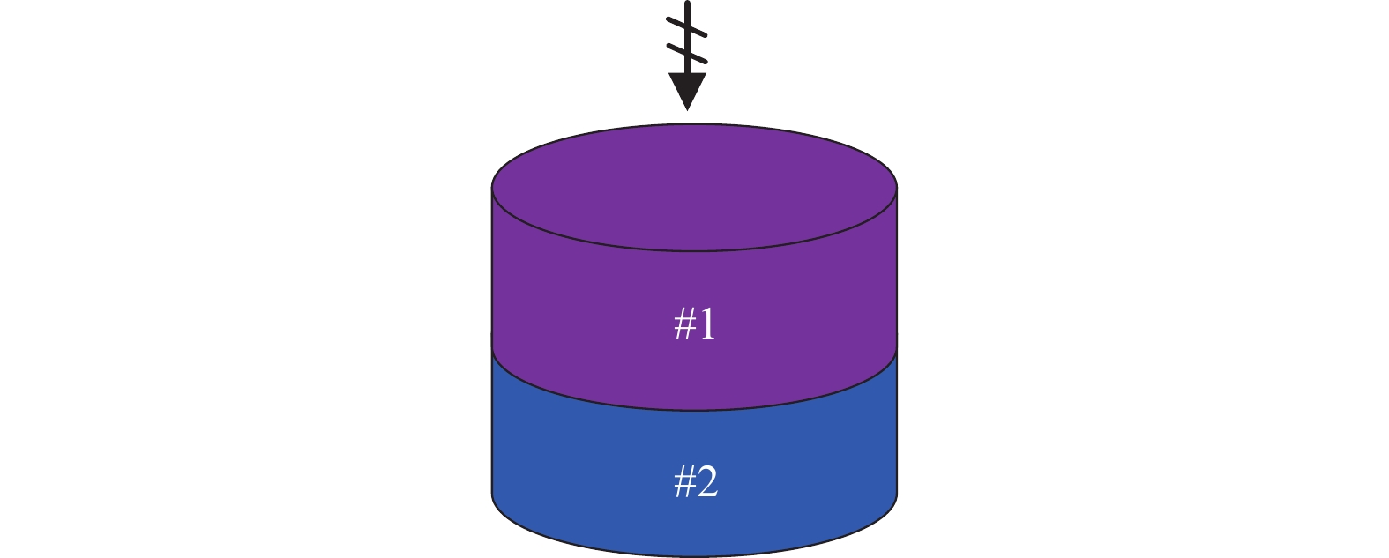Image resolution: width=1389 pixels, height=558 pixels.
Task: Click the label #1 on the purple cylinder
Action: (695, 324)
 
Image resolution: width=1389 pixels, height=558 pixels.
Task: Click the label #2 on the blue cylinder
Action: (696, 481)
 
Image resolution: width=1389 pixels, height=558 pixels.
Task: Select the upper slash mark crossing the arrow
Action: (686, 26)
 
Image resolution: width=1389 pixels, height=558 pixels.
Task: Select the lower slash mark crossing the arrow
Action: (686, 53)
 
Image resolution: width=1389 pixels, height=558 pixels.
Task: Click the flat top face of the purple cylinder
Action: (695, 187)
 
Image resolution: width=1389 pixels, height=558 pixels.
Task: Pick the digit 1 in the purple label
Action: (707, 324)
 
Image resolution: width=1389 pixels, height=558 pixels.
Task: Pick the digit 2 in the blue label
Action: (707, 481)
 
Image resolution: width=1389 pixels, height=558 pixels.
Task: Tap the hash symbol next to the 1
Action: (684, 325)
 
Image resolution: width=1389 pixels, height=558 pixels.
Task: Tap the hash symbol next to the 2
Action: (684, 482)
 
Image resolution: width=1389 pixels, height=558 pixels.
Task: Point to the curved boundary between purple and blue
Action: (695, 410)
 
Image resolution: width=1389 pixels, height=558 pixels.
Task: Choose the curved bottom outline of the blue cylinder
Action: (695, 555)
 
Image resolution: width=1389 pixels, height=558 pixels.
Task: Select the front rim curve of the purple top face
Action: (695, 250)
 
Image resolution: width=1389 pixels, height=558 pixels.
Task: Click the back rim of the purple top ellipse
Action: (695, 124)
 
